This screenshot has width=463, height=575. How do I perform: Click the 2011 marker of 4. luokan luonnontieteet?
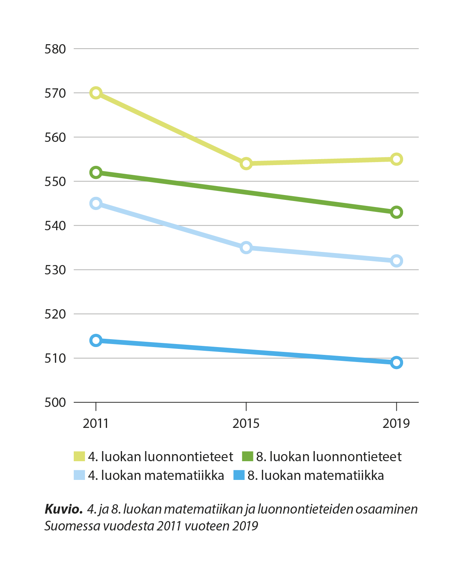click(96, 93)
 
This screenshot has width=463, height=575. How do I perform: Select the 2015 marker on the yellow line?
click(246, 164)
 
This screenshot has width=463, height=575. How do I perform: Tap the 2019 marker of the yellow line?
click(396, 159)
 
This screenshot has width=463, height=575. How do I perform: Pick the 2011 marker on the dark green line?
click(96, 173)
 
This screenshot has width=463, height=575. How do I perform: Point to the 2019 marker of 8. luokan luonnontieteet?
click(396, 212)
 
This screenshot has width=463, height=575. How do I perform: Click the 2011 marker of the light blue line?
click(96, 204)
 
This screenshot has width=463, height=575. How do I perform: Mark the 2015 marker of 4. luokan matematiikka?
click(246, 247)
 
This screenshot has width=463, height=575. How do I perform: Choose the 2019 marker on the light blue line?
click(396, 261)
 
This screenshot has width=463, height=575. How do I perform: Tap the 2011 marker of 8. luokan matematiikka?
click(96, 340)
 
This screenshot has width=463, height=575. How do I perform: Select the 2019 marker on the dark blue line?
click(396, 362)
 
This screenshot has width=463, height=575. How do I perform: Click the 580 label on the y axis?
click(55, 49)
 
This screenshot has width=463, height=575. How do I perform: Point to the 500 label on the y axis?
click(55, 403)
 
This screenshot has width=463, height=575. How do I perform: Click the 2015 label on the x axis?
click(246, 423)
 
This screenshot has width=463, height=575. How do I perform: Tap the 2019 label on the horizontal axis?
click(396, 423)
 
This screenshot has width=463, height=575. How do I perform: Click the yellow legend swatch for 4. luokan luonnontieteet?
click(79, 456)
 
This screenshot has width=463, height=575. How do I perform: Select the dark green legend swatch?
click(247, 456)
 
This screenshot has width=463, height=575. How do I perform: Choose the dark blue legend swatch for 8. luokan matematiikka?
click(239, 475)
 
